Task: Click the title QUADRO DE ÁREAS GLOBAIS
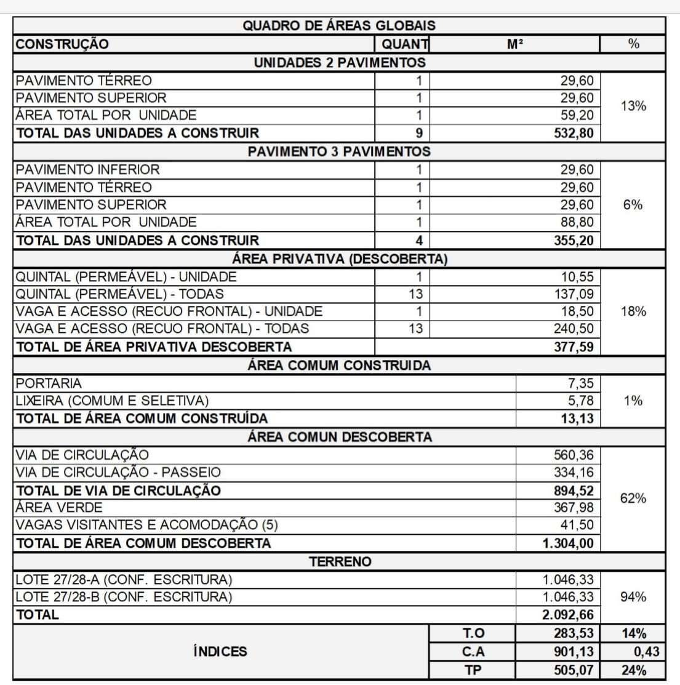(x=339, y=26)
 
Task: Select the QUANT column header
(x=404, y=44)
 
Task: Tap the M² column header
(x=515, y=44)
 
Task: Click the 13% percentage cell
(x=633, y=106)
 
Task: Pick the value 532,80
(x=574, y=133)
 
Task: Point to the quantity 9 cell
(x=418, y=133)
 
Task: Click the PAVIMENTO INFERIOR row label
(x=88, y=169)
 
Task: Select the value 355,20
(x=574, y=240)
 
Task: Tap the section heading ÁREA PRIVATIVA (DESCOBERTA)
(x=339, y=259)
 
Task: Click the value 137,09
(x=574, y=294)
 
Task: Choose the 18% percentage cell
(x=633, y=311)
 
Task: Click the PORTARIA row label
(x=49, y=383)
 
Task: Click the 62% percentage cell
(x=633, y=499)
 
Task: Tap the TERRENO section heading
(x=340, y=561)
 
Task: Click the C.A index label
(x=473, y=652)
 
